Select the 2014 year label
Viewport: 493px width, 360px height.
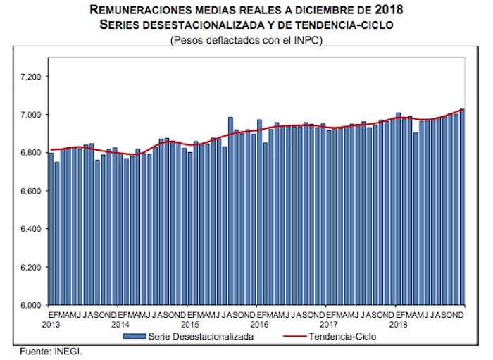click(x=120, y=325)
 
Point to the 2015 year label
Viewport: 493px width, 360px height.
click(x=189, y=325)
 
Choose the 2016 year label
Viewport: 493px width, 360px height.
click(x=259, y=325)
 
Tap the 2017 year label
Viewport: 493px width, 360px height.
click(x=328, y=325)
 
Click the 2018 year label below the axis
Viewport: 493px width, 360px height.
click(x=398, y=325)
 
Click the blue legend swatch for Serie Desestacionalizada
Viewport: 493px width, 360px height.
click(x=135, y=337)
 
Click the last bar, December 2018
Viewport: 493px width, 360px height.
click(x=462, y=207)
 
